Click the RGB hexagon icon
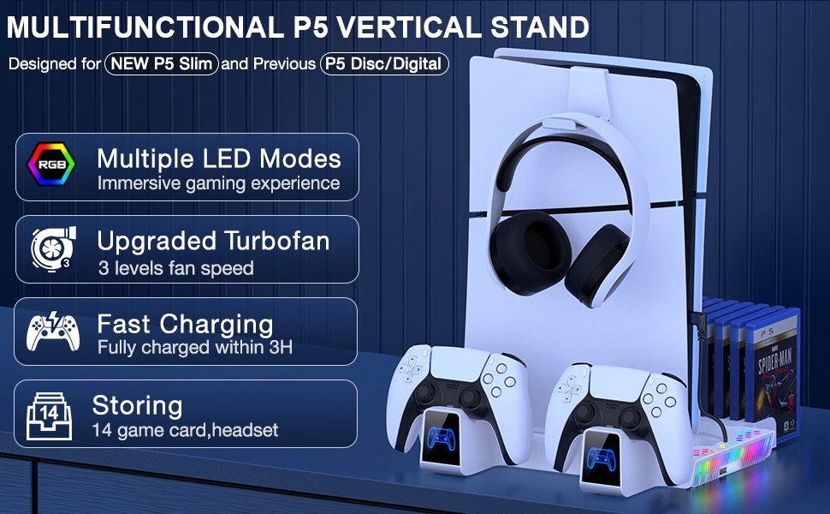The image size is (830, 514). tap(51, 164)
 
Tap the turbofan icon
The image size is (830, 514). tap(53, 249)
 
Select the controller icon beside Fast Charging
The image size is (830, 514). tap(53, 332)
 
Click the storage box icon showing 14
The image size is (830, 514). tap(49, 416)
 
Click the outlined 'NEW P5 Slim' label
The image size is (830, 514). tap(162, 63)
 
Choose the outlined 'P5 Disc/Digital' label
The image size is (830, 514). tap(384, 63)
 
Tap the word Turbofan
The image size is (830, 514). tap(276, 241)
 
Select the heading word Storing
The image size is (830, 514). tap(137, 406)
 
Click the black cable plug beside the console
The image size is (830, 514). tap(697, 319)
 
